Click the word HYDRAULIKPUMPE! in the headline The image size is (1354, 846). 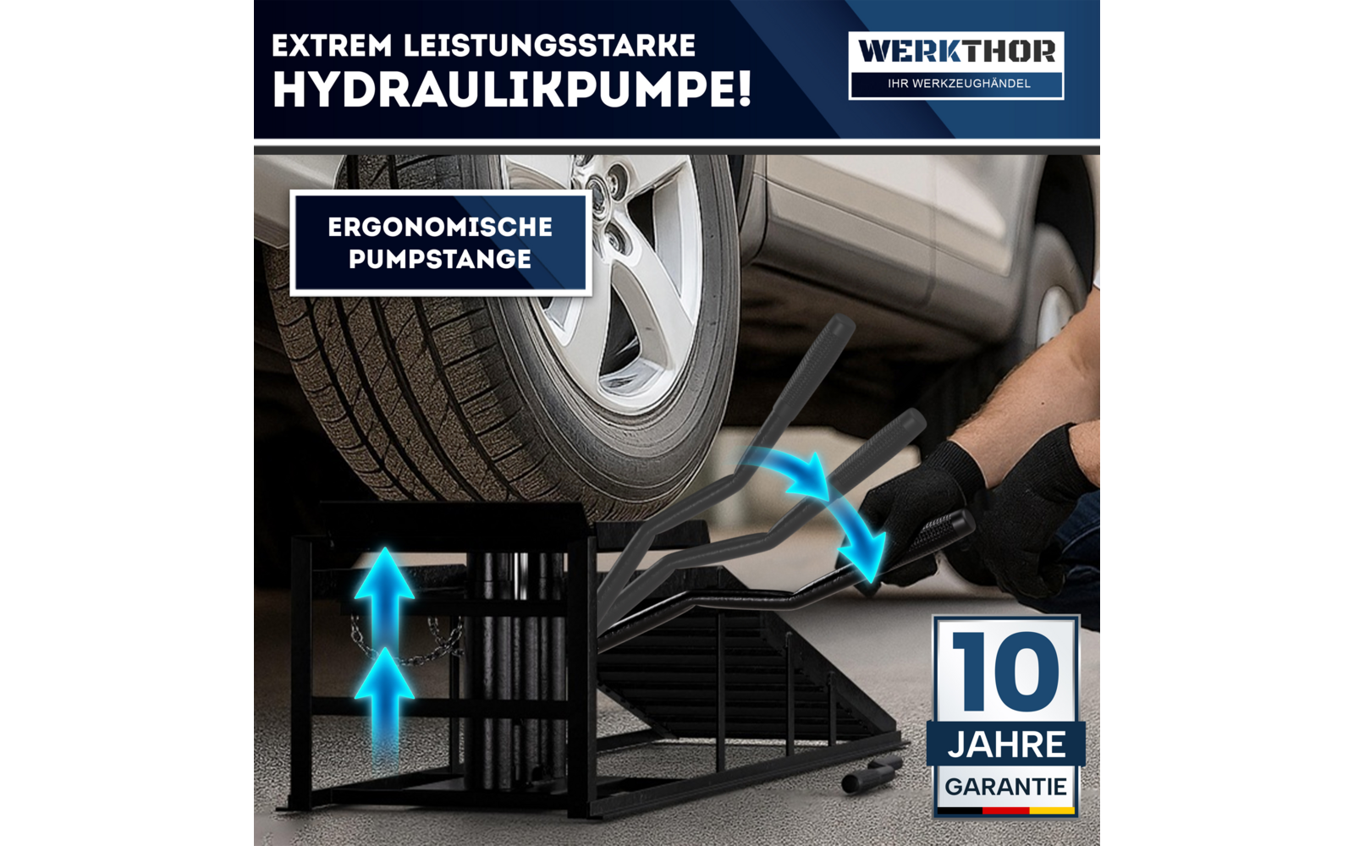click(x=511, y=90)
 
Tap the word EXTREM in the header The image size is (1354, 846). click(x=331, y=46)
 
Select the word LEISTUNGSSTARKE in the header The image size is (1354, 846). click(x=549, y=46)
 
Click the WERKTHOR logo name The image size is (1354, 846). click(x=956, y=52)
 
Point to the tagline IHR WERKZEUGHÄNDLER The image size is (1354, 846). click(x=958, y=84)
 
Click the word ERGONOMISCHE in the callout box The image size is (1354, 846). click(x=440, y=227)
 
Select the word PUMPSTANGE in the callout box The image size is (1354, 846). click(x=440, y=259)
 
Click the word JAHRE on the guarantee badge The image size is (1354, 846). click(x=1006, y=745)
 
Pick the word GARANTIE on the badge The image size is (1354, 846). click(x=1005, y=787)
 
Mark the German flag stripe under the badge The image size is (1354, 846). click(x=1005, y=810)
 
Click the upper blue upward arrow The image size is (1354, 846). click(x=384, y=584)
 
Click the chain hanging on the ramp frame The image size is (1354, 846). click(x=406, y=647)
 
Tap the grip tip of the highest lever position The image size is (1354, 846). click(x=838, y=326)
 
